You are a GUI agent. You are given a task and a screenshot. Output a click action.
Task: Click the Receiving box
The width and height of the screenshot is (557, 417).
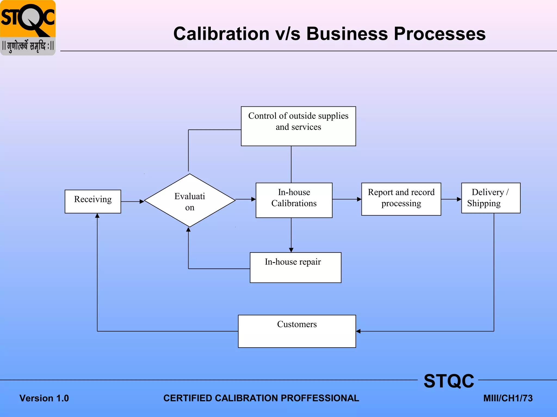pyautogui.click(x=93, y=201)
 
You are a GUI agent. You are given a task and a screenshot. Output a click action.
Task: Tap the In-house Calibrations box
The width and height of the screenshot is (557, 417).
pyautogui.click(x=294, y=200)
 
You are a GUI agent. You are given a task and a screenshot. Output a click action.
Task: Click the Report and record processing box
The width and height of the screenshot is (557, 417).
pyautogui.click(x=401, y=199)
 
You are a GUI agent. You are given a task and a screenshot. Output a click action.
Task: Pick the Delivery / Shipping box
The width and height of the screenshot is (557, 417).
pyautogui.click(x=491, y=198)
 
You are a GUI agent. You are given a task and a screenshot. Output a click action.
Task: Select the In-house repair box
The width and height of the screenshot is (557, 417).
pyautogui.click(x=295, y=267)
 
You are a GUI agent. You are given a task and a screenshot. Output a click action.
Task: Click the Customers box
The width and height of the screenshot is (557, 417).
pyautogui.click(x=297, y=331)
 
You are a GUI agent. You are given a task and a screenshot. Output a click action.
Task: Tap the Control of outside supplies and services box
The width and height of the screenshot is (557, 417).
pyautogui.click(x=298, y=126)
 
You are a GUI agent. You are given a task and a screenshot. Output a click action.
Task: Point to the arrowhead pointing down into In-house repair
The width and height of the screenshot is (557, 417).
pyautogui.click(x=291, y=250)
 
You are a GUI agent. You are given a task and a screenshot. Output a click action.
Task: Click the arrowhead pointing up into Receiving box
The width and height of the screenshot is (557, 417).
pyautogui.click(x=97, y=216)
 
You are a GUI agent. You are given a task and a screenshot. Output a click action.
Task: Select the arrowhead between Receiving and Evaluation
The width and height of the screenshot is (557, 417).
pyautogui.click(x=141, y=201)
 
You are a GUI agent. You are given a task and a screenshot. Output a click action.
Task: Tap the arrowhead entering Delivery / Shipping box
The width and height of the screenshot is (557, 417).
pyautogui.click(x=459, y=199)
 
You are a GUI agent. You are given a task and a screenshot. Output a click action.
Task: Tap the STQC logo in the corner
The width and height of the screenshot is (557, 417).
pyautogui.click(x=28, y=28)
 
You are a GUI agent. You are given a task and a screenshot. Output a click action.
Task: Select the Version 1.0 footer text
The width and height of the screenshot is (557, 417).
pyautogui.click(x=44, y=398)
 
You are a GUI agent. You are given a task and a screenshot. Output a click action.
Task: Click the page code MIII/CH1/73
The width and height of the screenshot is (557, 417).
pyautogui.click(x=508, y=398)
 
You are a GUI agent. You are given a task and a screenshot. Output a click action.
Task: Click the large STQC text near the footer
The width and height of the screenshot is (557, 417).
pyautogui.click(x=449, y=381)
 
